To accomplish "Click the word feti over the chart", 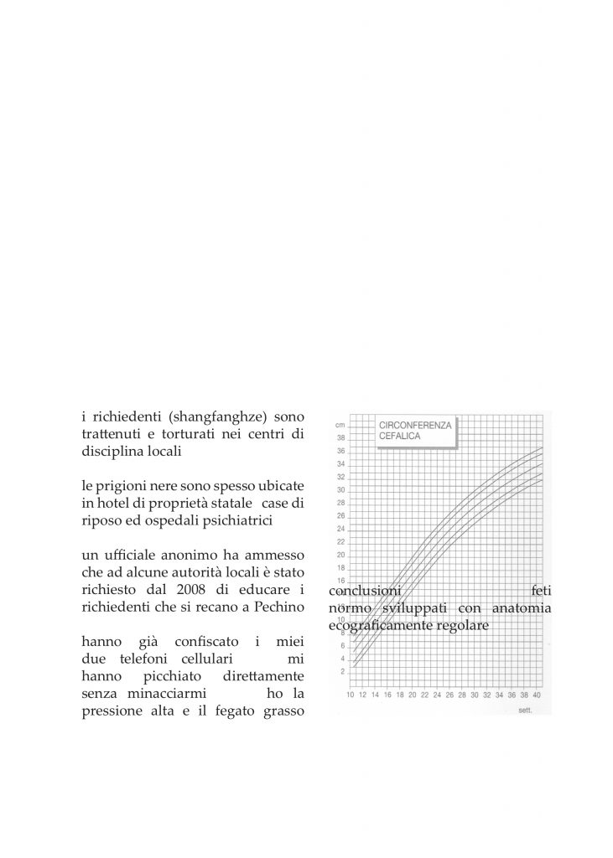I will (x=541, y=590).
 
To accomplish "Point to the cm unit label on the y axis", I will (x=340, y=426).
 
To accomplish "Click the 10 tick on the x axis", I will (x=351, y=695).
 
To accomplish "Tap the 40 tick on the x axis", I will (x=537, y=695).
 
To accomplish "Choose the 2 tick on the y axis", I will (x=340, y=671).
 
